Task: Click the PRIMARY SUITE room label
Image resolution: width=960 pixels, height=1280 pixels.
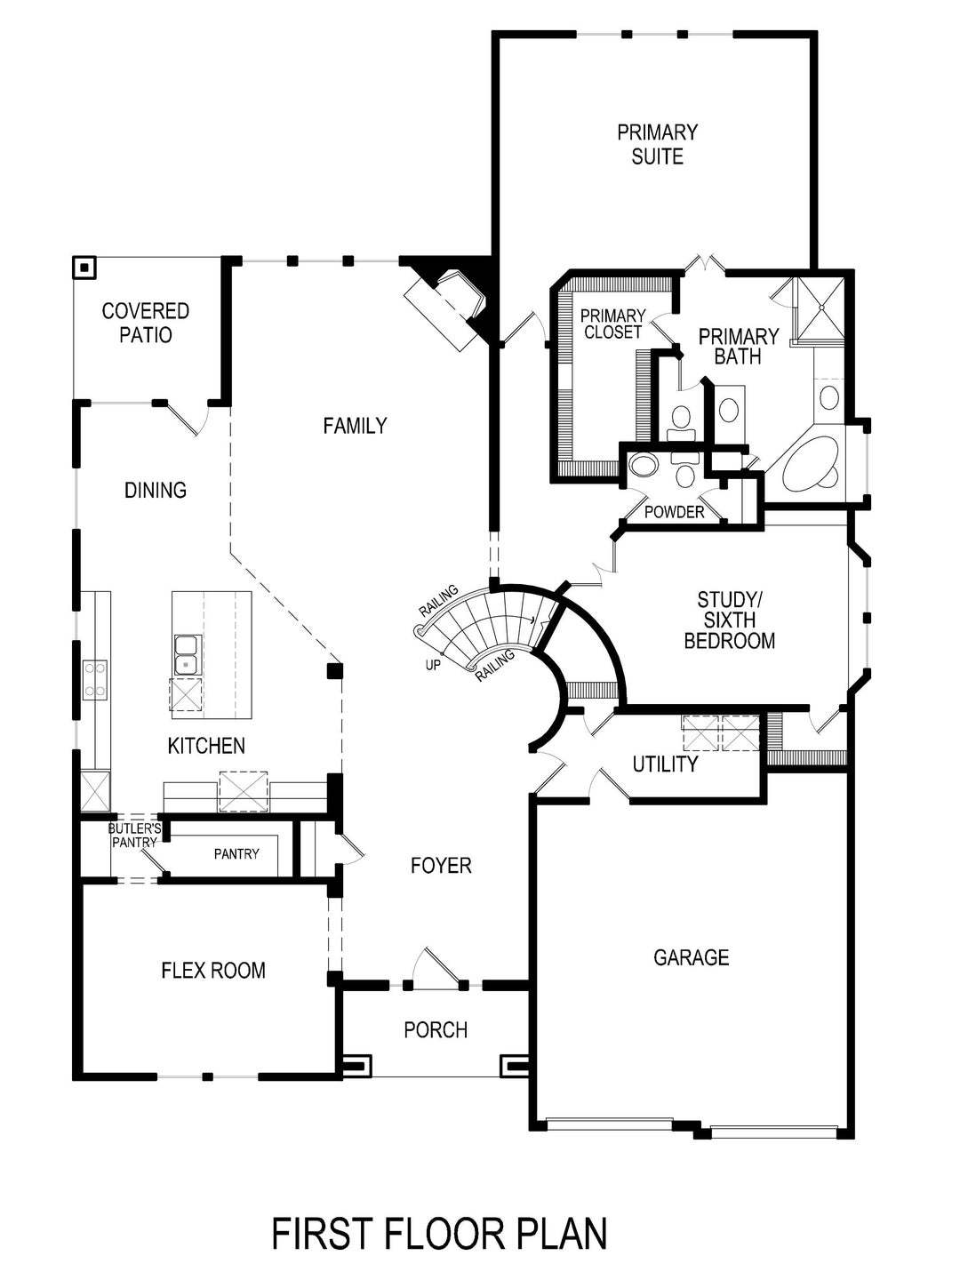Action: pos(657,145)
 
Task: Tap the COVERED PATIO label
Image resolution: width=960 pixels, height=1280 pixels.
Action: pos(145,324)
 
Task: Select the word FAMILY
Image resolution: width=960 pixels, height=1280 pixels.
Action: pos(355,427)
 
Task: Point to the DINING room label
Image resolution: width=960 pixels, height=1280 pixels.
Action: pos(156,490)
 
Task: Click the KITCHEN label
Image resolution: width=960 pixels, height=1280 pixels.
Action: pos(206,746)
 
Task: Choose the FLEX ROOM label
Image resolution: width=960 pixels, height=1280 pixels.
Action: pos(213,970)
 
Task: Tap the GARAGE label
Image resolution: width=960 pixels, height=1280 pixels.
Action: pos(691,957)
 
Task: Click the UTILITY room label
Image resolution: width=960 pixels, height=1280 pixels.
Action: pos(665,764)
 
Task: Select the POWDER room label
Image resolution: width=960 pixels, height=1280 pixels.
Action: pos(674,512)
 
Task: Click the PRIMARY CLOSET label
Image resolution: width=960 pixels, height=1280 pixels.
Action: pos(612,324)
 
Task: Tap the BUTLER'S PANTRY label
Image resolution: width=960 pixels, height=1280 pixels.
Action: pos(134,836)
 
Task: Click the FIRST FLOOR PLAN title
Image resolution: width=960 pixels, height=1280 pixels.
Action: pos(439,1234)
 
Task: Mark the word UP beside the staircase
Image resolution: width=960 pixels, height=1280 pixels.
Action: pos(433,664)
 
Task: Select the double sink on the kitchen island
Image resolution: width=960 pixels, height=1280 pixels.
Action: pos(187,654)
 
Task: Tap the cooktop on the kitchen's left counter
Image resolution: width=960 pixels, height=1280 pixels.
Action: pos(95,678)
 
